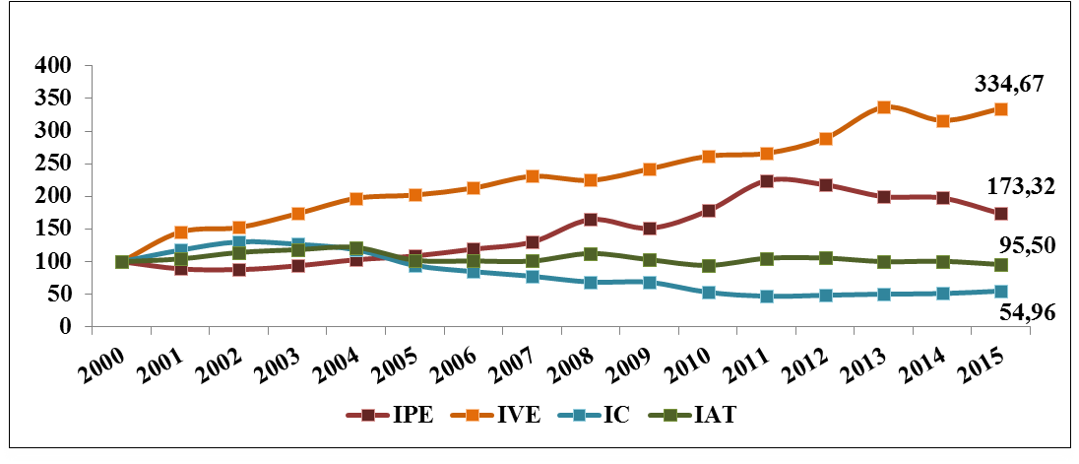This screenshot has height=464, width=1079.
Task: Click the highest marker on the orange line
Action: pos(884,107)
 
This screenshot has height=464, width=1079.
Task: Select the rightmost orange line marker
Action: pos(1000,109)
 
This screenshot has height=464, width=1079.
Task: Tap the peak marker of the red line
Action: pos(767,180)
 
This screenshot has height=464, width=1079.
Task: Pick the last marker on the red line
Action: pos(1000,214)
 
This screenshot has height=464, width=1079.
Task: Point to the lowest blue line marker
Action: pos(767,296)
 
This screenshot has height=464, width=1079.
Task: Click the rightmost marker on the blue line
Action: pos(1000,292)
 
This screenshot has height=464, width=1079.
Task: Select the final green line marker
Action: pos(1000,265)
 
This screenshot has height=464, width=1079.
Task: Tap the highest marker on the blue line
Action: pos(239,241)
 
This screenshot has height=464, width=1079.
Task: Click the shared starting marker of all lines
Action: pos(122,262)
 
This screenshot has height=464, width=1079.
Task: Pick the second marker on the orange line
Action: pos(181,232)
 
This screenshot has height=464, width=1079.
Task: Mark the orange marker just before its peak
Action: pos(826,139)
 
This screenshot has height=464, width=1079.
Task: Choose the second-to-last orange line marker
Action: pos(943,121)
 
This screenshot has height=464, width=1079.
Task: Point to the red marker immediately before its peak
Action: pos(709,211)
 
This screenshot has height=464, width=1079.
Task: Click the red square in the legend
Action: pos(368,415)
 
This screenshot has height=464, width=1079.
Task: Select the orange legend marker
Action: pos(473,415)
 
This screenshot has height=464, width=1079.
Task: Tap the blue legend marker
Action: pos(579,415)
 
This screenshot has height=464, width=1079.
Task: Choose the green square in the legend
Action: pos(669,415)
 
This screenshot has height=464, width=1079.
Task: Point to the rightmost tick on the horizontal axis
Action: pos(1030,330)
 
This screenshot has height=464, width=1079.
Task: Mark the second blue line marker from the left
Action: pos(181,250)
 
